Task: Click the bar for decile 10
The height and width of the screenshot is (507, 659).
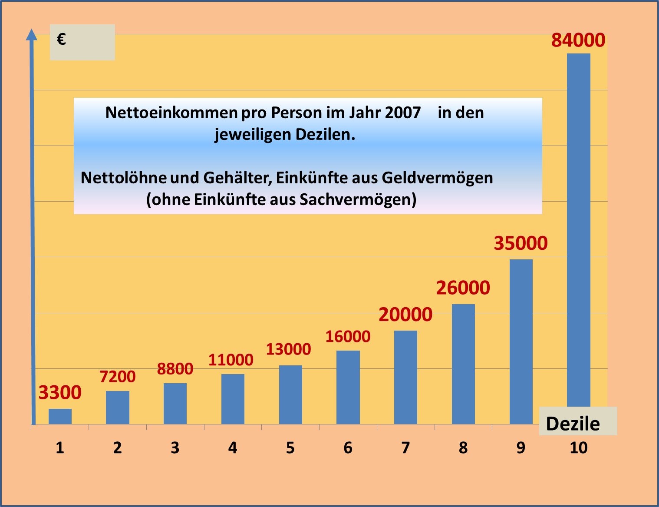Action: click(x=579, y=230)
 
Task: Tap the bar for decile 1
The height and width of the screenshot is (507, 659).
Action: click(x=60, y=416)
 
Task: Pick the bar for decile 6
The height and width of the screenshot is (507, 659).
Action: click(x=348, y=387)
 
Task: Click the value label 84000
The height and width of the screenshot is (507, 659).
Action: click(x=578, y=40)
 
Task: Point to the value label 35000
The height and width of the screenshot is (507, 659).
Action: click(x=521, y=243)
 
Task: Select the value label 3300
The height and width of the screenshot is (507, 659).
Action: click(x=60, y=393)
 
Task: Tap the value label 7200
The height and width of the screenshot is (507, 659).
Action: click(x=118, y=377)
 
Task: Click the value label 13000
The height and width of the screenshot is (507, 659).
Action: click(x=288, y=349)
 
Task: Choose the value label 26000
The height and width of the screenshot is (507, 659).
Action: click(x=463, y=288)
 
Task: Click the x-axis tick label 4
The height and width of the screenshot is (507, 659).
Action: click(x=233, y=448)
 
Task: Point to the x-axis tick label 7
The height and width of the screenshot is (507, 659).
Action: click(x=405, y=448)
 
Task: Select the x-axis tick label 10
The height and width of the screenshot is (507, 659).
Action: click(x=578, y=448)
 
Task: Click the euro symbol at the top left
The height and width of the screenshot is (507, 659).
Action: click(x=61, y=40)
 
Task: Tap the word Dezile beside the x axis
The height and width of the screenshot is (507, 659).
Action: click(x=573, y=424)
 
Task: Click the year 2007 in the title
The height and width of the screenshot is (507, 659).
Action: click(x=403, y=113)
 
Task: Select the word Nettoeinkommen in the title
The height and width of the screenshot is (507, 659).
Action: click(x=171, y=113)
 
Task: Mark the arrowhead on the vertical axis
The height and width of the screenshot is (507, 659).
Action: click(x=31, y=35)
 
